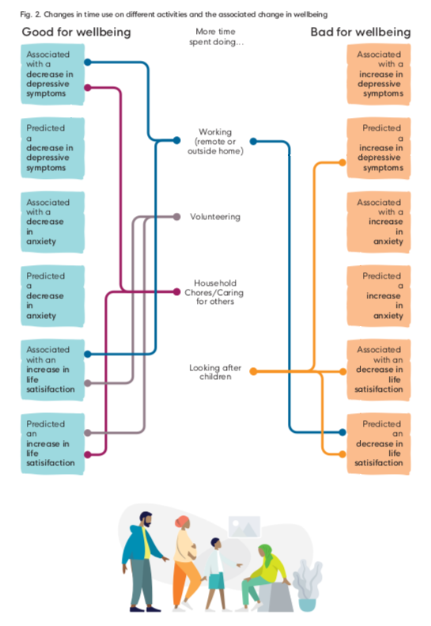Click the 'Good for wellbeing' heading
click(x=76, y=32)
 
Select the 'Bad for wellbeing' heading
click(x=361, y=32)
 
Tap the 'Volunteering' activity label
click(x=215, y=217)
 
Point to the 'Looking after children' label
click(x=215, y=372)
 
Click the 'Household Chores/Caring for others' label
click(x=214, y=292)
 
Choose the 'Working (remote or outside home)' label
click(x=215, y=142)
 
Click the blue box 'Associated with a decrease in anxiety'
click(x=53, y=222)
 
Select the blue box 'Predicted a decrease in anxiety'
click(x=53, y=296)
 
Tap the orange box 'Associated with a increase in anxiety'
click(x=379, y=222)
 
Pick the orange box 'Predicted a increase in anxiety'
click(x=379, y=296)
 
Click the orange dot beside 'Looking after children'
click(x=253, y=371)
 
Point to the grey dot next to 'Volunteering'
click(x=177, y=217)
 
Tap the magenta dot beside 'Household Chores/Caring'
click(x=177, y=292)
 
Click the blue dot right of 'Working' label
click(x=253, y=141)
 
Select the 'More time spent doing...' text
click(x=216, y=36)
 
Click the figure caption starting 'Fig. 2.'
click(x=174, y=14)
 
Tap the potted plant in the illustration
click(x=307, y=586)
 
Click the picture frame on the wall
click(x=244, y=526)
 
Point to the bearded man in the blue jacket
click(x=144, y=561)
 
